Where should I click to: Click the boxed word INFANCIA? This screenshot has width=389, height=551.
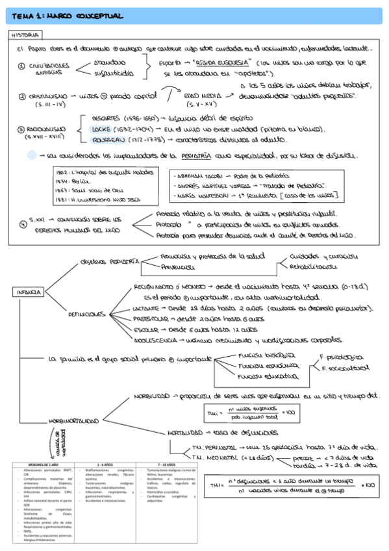click(27, 292)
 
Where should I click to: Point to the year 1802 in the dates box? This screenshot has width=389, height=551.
click(62, 170)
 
